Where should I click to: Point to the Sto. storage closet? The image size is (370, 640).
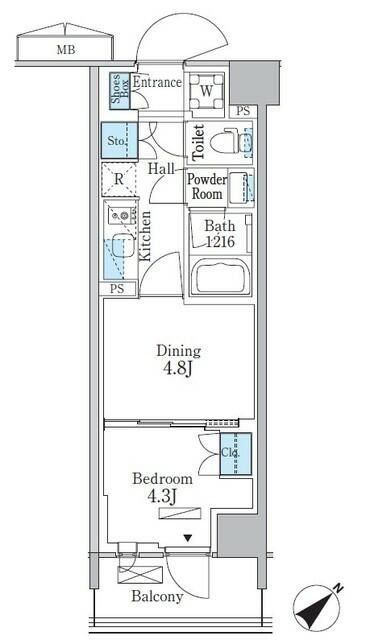coord(117,141)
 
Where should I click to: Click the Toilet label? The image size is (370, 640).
coord(198,143)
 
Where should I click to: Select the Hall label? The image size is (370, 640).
coord(162,170)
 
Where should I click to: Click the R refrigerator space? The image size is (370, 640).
coord(119,180)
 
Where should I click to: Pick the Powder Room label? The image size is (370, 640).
coord(205,187)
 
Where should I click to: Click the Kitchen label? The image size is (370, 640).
coord(145,236)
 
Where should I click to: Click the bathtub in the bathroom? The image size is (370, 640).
coord(222,277)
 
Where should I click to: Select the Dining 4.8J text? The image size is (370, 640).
coord(178,359)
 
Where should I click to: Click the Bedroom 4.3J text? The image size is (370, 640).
coord(162,487)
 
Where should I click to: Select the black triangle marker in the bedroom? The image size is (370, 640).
coord(186,538)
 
